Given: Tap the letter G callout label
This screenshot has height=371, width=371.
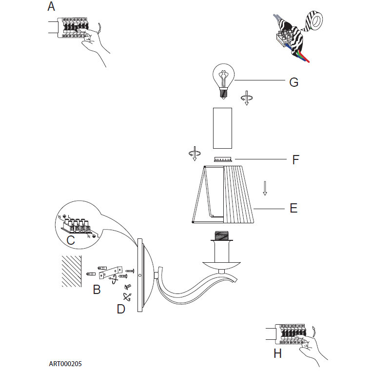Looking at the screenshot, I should click(x=293, y=82).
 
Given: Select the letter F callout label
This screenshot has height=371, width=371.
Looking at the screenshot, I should click(x=295, y=159).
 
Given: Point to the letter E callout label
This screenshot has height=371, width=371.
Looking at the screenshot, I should click(x=293, y=208).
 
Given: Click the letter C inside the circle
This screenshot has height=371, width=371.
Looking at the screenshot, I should click(x=70, y=240).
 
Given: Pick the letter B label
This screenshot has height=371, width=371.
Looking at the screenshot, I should click(x=97, y=290).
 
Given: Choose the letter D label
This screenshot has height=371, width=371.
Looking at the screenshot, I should click(x=121, y=309).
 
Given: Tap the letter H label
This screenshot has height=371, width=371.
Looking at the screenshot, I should click(x=277, y=353).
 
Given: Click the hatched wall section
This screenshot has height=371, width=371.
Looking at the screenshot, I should click(x=72, y=271).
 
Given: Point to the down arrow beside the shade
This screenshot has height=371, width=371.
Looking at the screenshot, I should click(x=265, y=188).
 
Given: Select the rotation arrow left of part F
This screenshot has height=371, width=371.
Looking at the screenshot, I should click(x=194, y=153).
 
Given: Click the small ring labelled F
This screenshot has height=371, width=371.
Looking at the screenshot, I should click(x=223, y=159).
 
